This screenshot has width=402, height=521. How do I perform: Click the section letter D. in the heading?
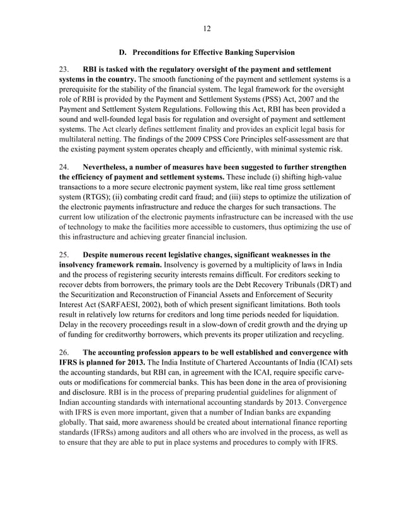123,52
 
